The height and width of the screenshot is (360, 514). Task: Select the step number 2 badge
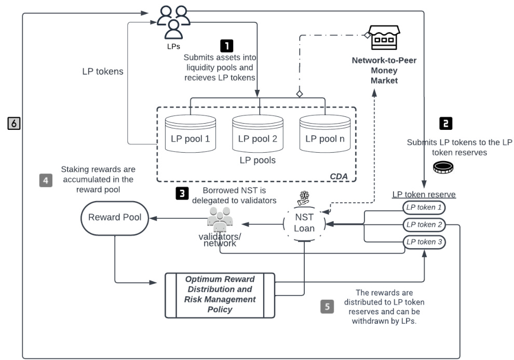tap(445, 123)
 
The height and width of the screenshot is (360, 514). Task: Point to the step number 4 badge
tap(46, 181)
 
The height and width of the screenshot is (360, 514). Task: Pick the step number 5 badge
tap(327, 306)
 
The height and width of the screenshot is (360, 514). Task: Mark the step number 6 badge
tap(14, 123)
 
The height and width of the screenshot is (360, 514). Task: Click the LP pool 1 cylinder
tap(190, 135)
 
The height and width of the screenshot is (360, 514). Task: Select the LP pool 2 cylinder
tap(257, 135)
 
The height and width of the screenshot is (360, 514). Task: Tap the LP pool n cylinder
tap(324, 135)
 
